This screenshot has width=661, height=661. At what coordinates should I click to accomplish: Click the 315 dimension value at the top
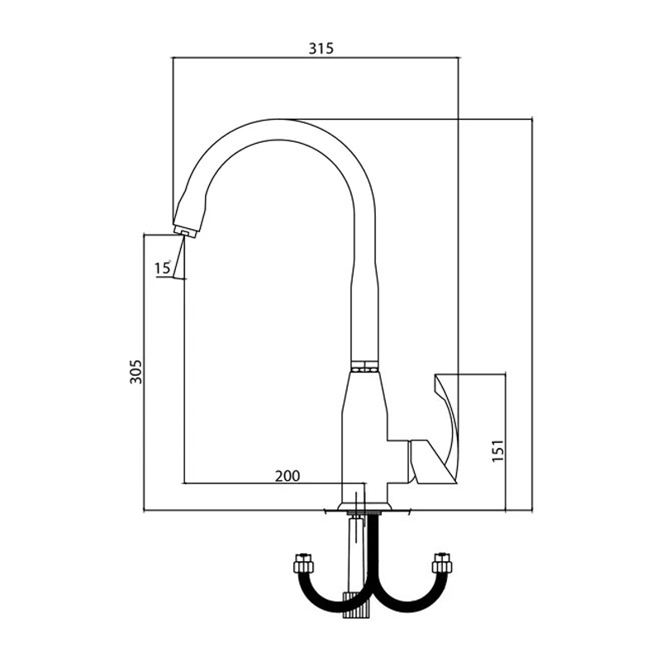[321, 49]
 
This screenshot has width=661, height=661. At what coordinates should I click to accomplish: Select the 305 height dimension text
[136, 371]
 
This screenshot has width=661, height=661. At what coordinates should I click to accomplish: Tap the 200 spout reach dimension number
[288, 476]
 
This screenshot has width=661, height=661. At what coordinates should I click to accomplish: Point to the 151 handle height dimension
[498, 450]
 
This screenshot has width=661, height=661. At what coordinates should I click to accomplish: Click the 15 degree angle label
[162, 268]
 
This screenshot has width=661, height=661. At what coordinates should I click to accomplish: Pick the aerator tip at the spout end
[184, 232]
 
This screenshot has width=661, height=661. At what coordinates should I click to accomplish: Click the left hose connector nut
[302, 563]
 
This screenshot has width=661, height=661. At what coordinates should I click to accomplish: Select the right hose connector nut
[442, 563]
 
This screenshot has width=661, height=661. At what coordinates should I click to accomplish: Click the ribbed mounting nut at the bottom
[357, 605]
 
